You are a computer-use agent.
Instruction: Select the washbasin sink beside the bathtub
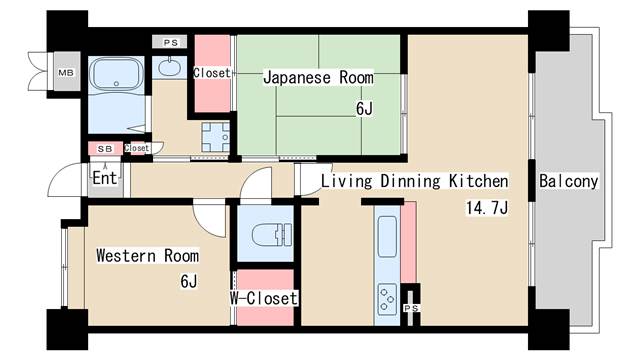click(170, 68)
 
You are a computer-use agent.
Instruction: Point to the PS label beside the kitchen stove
click(411, 308)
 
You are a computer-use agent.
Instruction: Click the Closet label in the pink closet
click(211, 73)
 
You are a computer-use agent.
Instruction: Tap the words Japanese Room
click(318, 77)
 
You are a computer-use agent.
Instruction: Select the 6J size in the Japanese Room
click(364, 109)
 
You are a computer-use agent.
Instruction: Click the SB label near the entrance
click(104, 149)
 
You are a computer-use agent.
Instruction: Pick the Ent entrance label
click(104, 178)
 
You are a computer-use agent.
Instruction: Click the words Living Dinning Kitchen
click(414, 182)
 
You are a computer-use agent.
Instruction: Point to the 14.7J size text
click(486, 209)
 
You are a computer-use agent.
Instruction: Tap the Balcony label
click(568, 182)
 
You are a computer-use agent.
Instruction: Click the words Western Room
click(147, 256)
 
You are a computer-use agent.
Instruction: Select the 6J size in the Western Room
click(189, 281)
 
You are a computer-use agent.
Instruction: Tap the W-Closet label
click(264, 298)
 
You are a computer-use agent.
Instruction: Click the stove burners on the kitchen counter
click(386, 297)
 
